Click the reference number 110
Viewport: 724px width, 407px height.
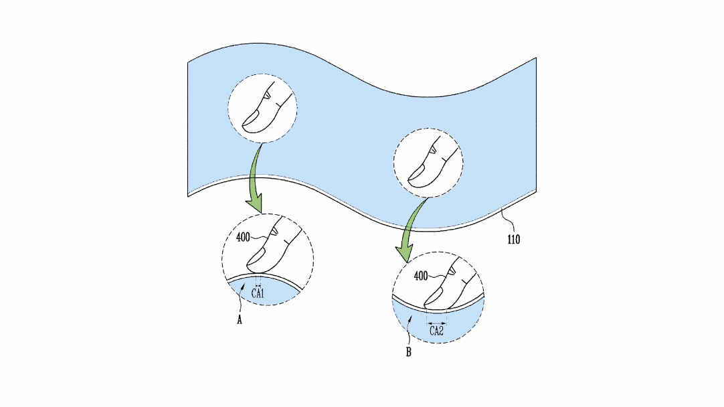[x=513, y=239]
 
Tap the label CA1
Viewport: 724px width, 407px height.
[x=258, y=293]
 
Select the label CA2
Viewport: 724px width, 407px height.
[x=436, y=331]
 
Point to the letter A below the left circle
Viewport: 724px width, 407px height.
[x=239, y=320]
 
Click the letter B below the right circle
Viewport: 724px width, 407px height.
[x=409, y=352]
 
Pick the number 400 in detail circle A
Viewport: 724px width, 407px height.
[x=243, y=238]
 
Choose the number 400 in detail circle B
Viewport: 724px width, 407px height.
[x=421, y=276]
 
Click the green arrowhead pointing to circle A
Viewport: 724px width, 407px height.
[x=254, y=205]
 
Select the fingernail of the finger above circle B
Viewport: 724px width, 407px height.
[x=418, y=172]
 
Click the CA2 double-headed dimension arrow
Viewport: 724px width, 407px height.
[x=436, y=323]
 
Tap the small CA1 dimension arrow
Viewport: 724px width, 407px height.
[x=258, y=286]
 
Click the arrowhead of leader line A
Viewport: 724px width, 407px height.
[x=242, y=287]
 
